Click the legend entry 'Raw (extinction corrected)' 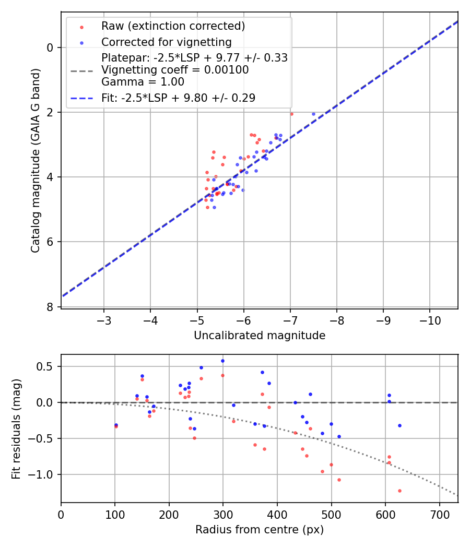click(173, 26)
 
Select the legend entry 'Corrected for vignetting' click(166, 42)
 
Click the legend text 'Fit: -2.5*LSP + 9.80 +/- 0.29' click(178, 98)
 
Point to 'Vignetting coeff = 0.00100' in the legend click(175, 70)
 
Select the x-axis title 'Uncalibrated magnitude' click(260, 336)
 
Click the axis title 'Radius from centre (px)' click(260, 530)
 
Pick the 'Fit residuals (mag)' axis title click(16, 428)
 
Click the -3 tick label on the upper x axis click(104, 319)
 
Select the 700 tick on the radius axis click(439, 514)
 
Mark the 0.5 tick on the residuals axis click(48, 366)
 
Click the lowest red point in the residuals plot click(399, 491)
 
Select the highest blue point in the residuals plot click(222, 361)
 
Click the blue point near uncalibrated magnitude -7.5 click(313, 114)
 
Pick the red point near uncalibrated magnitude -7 click(291, 114)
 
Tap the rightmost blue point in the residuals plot click(399, 425)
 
